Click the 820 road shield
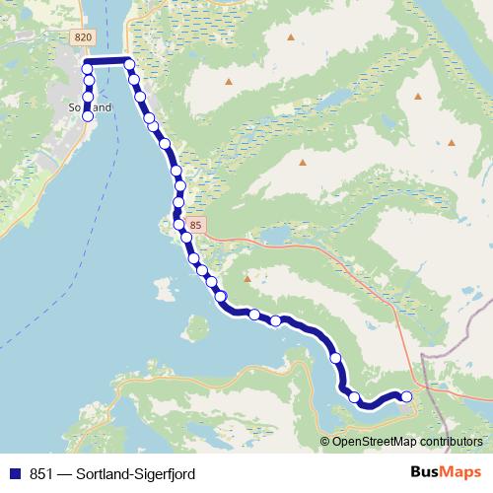tap(82, 35)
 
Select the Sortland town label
tap(90, 106)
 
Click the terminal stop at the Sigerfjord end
tap(405, 396)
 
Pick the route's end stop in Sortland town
tap(87, 116)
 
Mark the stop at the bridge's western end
tap(87, 69)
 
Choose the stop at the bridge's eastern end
tap(129, 65)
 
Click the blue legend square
tap(14, 473)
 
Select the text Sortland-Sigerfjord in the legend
tap(139, 473)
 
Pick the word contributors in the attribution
tap(449, 441)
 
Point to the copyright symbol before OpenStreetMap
tap(325, 441)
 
